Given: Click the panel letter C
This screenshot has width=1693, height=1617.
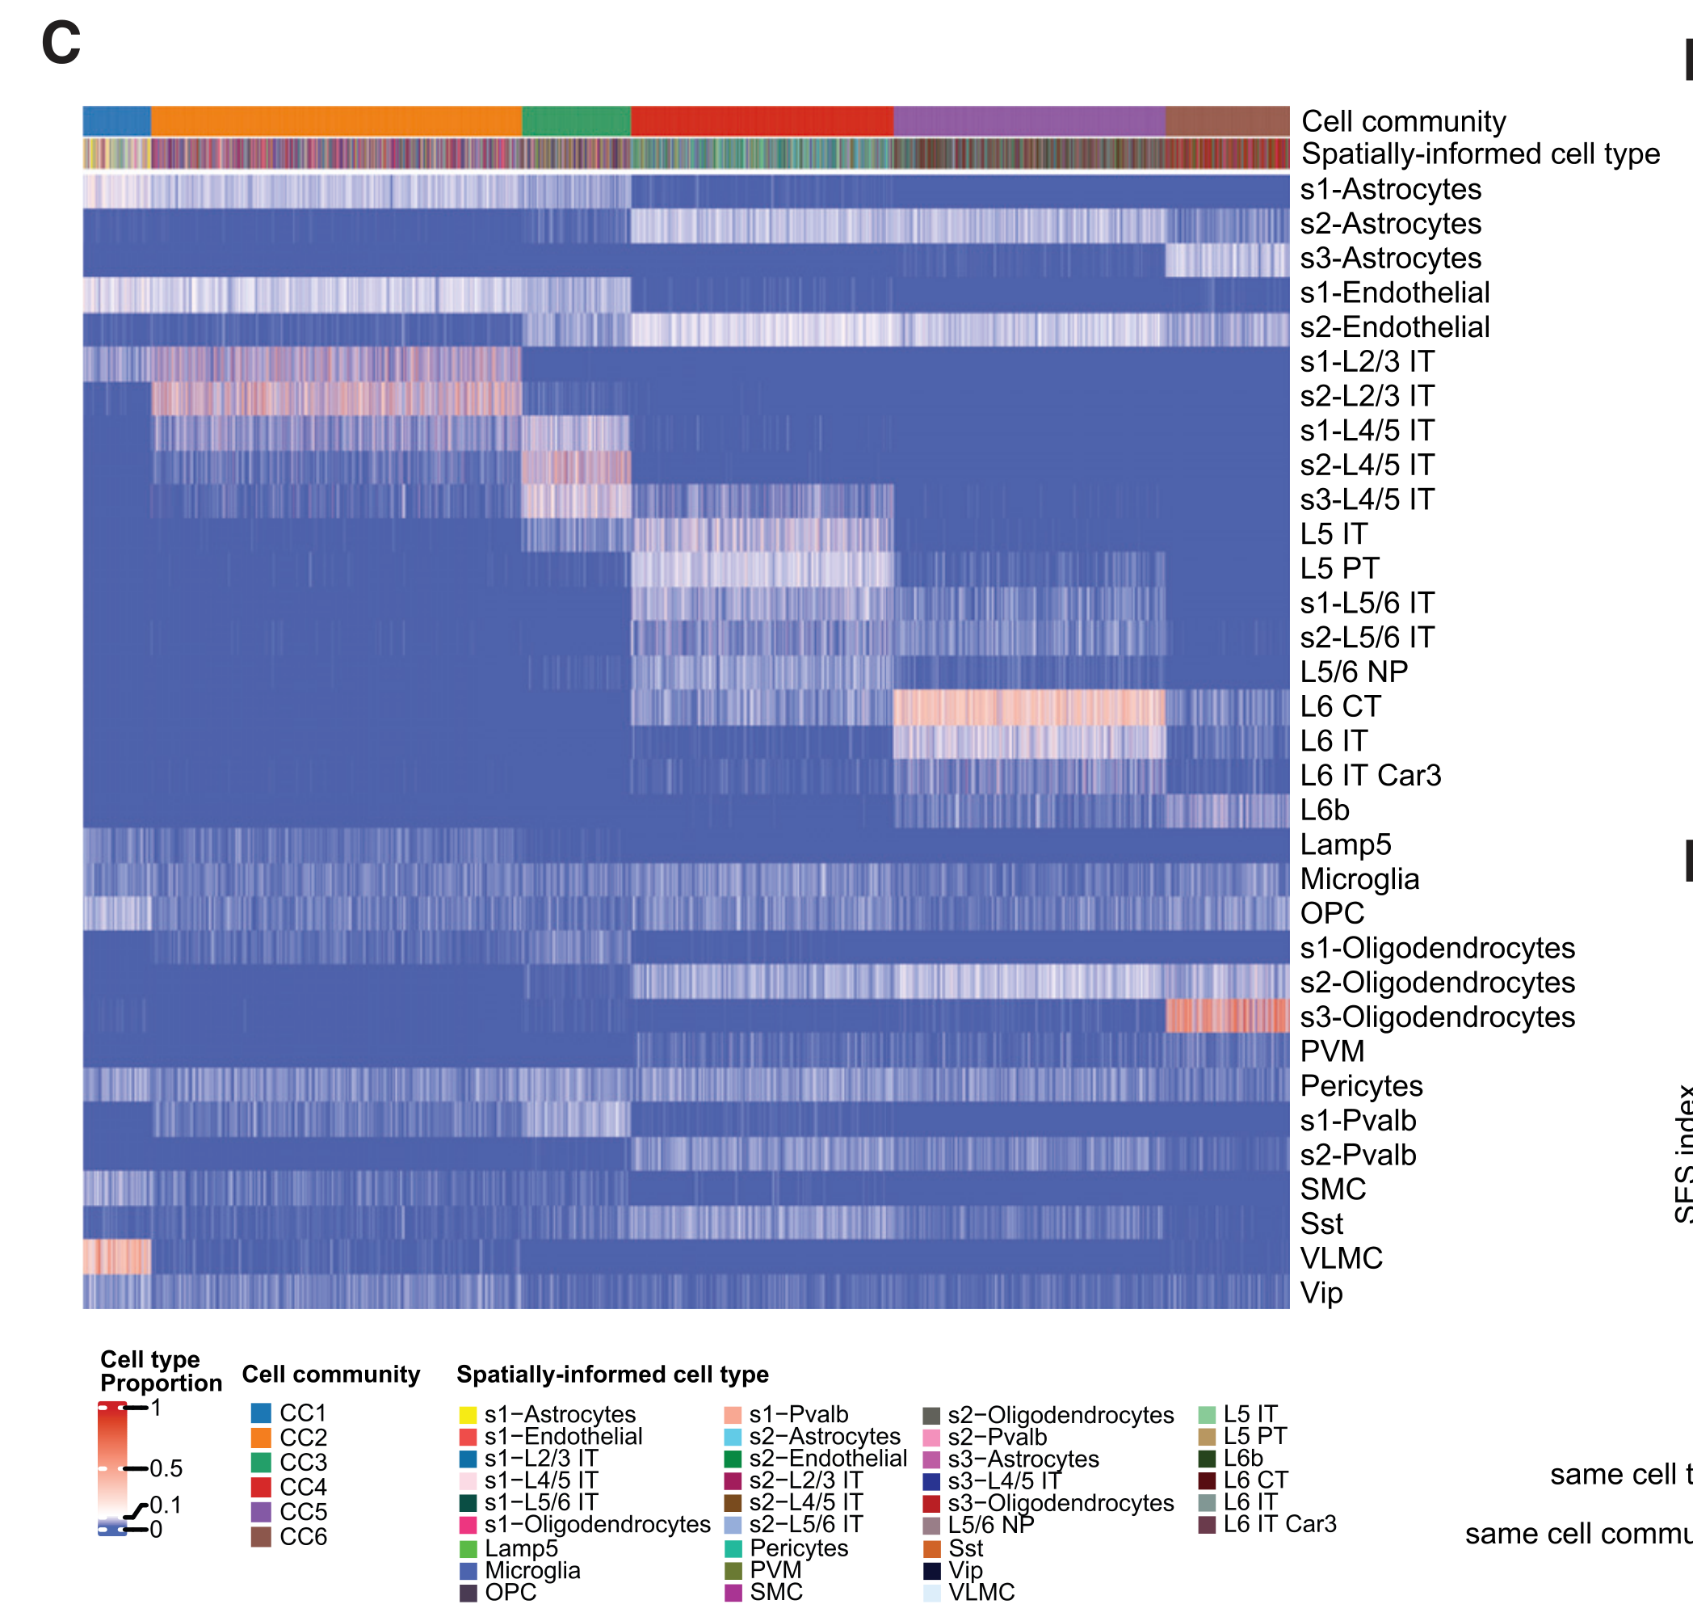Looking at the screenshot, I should click(x=61, y=43).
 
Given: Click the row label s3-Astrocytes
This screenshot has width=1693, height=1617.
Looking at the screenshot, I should click(x=1390, y=258).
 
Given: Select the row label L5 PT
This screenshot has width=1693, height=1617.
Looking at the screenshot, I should click(x=1339, y=568).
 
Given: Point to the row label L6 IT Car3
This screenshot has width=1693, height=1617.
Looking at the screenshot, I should click(x=1370, y=775).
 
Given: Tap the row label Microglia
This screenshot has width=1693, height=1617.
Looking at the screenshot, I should click(x=1359, y=878).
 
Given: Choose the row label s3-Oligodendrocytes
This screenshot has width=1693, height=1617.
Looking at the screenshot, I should click(x=1436, y=1017).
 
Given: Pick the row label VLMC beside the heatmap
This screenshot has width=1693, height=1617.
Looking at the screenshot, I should click(x=1341, y=1257).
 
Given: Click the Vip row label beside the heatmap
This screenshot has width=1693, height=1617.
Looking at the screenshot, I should click(x=1321, y=1292).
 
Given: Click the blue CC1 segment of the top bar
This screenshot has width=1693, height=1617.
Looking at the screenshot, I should click(x=116, y=120).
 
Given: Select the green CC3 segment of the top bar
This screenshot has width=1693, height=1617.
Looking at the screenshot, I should click(x=577, y=120).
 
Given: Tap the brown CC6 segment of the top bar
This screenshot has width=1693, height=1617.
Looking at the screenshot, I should click(x=1227, y=120).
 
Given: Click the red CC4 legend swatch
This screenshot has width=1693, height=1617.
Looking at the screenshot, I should click(x=261, y=1487).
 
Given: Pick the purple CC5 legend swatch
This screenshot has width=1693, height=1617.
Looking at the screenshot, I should click(x=261, y=1511).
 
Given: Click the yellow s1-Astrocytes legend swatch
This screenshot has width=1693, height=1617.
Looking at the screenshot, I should click(x=468, y=1414).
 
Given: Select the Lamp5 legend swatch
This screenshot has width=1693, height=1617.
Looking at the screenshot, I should click(x=468, y=1548).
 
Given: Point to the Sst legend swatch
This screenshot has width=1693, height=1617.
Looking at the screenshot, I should click(x=931, y=1548).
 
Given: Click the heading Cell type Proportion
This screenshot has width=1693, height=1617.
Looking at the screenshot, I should click(x=160, y=1371).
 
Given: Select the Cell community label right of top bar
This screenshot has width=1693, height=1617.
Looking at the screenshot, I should click(x=1403, y=121).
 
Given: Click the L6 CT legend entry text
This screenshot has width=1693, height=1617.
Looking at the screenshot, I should click(x=1255, y=1480).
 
